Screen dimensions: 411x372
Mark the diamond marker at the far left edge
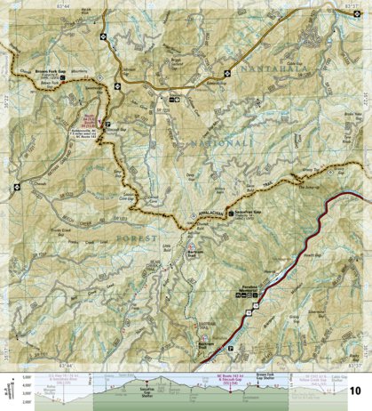(x=6, y=44)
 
